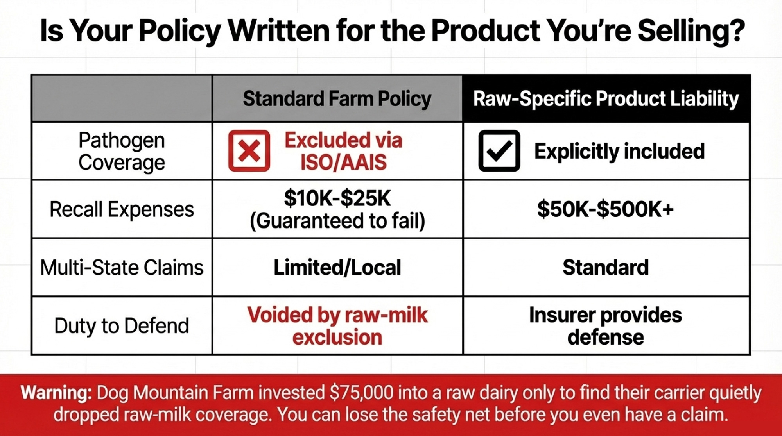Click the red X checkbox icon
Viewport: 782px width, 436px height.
click(249, 151)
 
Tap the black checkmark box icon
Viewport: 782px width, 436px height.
click(499, 151)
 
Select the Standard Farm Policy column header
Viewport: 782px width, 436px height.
click(337, 98)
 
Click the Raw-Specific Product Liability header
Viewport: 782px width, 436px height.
click(606, 98)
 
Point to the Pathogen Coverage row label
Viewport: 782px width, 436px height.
click(122, 151)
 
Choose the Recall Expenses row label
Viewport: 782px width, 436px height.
click(122, 209)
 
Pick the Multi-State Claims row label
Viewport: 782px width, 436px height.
click(122, 268)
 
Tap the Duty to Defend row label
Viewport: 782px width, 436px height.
click(122, 326)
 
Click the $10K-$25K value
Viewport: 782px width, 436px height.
click(337, 198)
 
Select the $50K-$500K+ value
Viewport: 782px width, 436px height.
click(605, 209)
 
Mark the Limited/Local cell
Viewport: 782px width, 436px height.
click(337, 268)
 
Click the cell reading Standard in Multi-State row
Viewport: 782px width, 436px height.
click(606, 268)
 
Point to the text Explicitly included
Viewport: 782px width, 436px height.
click(619, 151)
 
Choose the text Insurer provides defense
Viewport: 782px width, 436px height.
click(606, 326)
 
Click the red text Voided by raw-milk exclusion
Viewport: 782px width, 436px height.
click(337, 326)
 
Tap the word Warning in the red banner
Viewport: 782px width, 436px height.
click(56, 393)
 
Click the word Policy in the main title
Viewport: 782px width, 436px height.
click(180, 31)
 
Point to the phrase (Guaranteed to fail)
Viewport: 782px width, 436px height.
click(337, 221)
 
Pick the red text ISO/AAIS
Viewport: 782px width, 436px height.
click(343, 162)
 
